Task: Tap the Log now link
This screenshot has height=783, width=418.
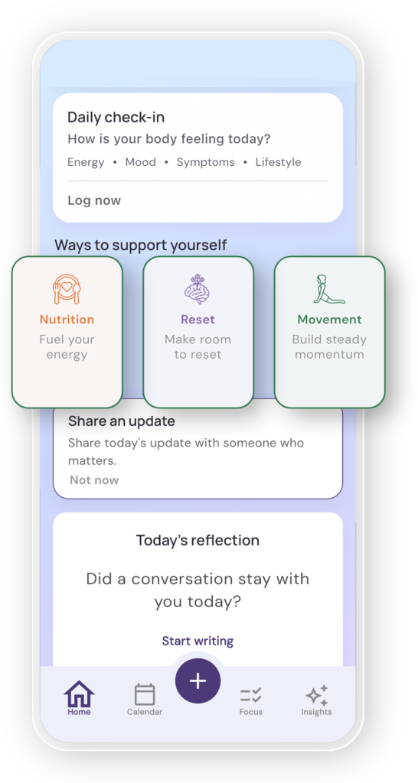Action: point(94,201)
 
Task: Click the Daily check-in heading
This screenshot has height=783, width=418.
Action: point(116,117)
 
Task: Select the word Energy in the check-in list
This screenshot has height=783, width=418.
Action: point(86,162)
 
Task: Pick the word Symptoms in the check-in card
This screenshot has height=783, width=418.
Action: point(205,162)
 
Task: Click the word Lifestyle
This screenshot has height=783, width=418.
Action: point(278,162)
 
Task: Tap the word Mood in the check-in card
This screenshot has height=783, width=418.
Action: point(141,162)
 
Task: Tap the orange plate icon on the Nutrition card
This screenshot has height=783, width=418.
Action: point(67,288)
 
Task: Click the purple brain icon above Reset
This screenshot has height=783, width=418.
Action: point(198,289)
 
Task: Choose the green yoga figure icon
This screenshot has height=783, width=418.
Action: point(329,289)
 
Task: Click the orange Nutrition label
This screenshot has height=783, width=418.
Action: point(67,320)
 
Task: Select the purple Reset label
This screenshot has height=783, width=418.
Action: point(198,320)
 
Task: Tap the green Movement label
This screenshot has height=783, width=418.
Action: point(329,320)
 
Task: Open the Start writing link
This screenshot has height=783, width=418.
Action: point(198,642)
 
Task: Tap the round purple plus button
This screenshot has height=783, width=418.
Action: point(198,681)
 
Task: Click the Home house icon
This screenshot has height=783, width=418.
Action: point(79,694)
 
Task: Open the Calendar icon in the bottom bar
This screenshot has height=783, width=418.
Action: point(145,694)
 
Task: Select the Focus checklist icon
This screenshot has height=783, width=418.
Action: point(250,695)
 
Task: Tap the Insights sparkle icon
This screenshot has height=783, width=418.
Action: point(316,694)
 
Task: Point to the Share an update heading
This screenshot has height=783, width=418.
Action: point(122,421)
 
